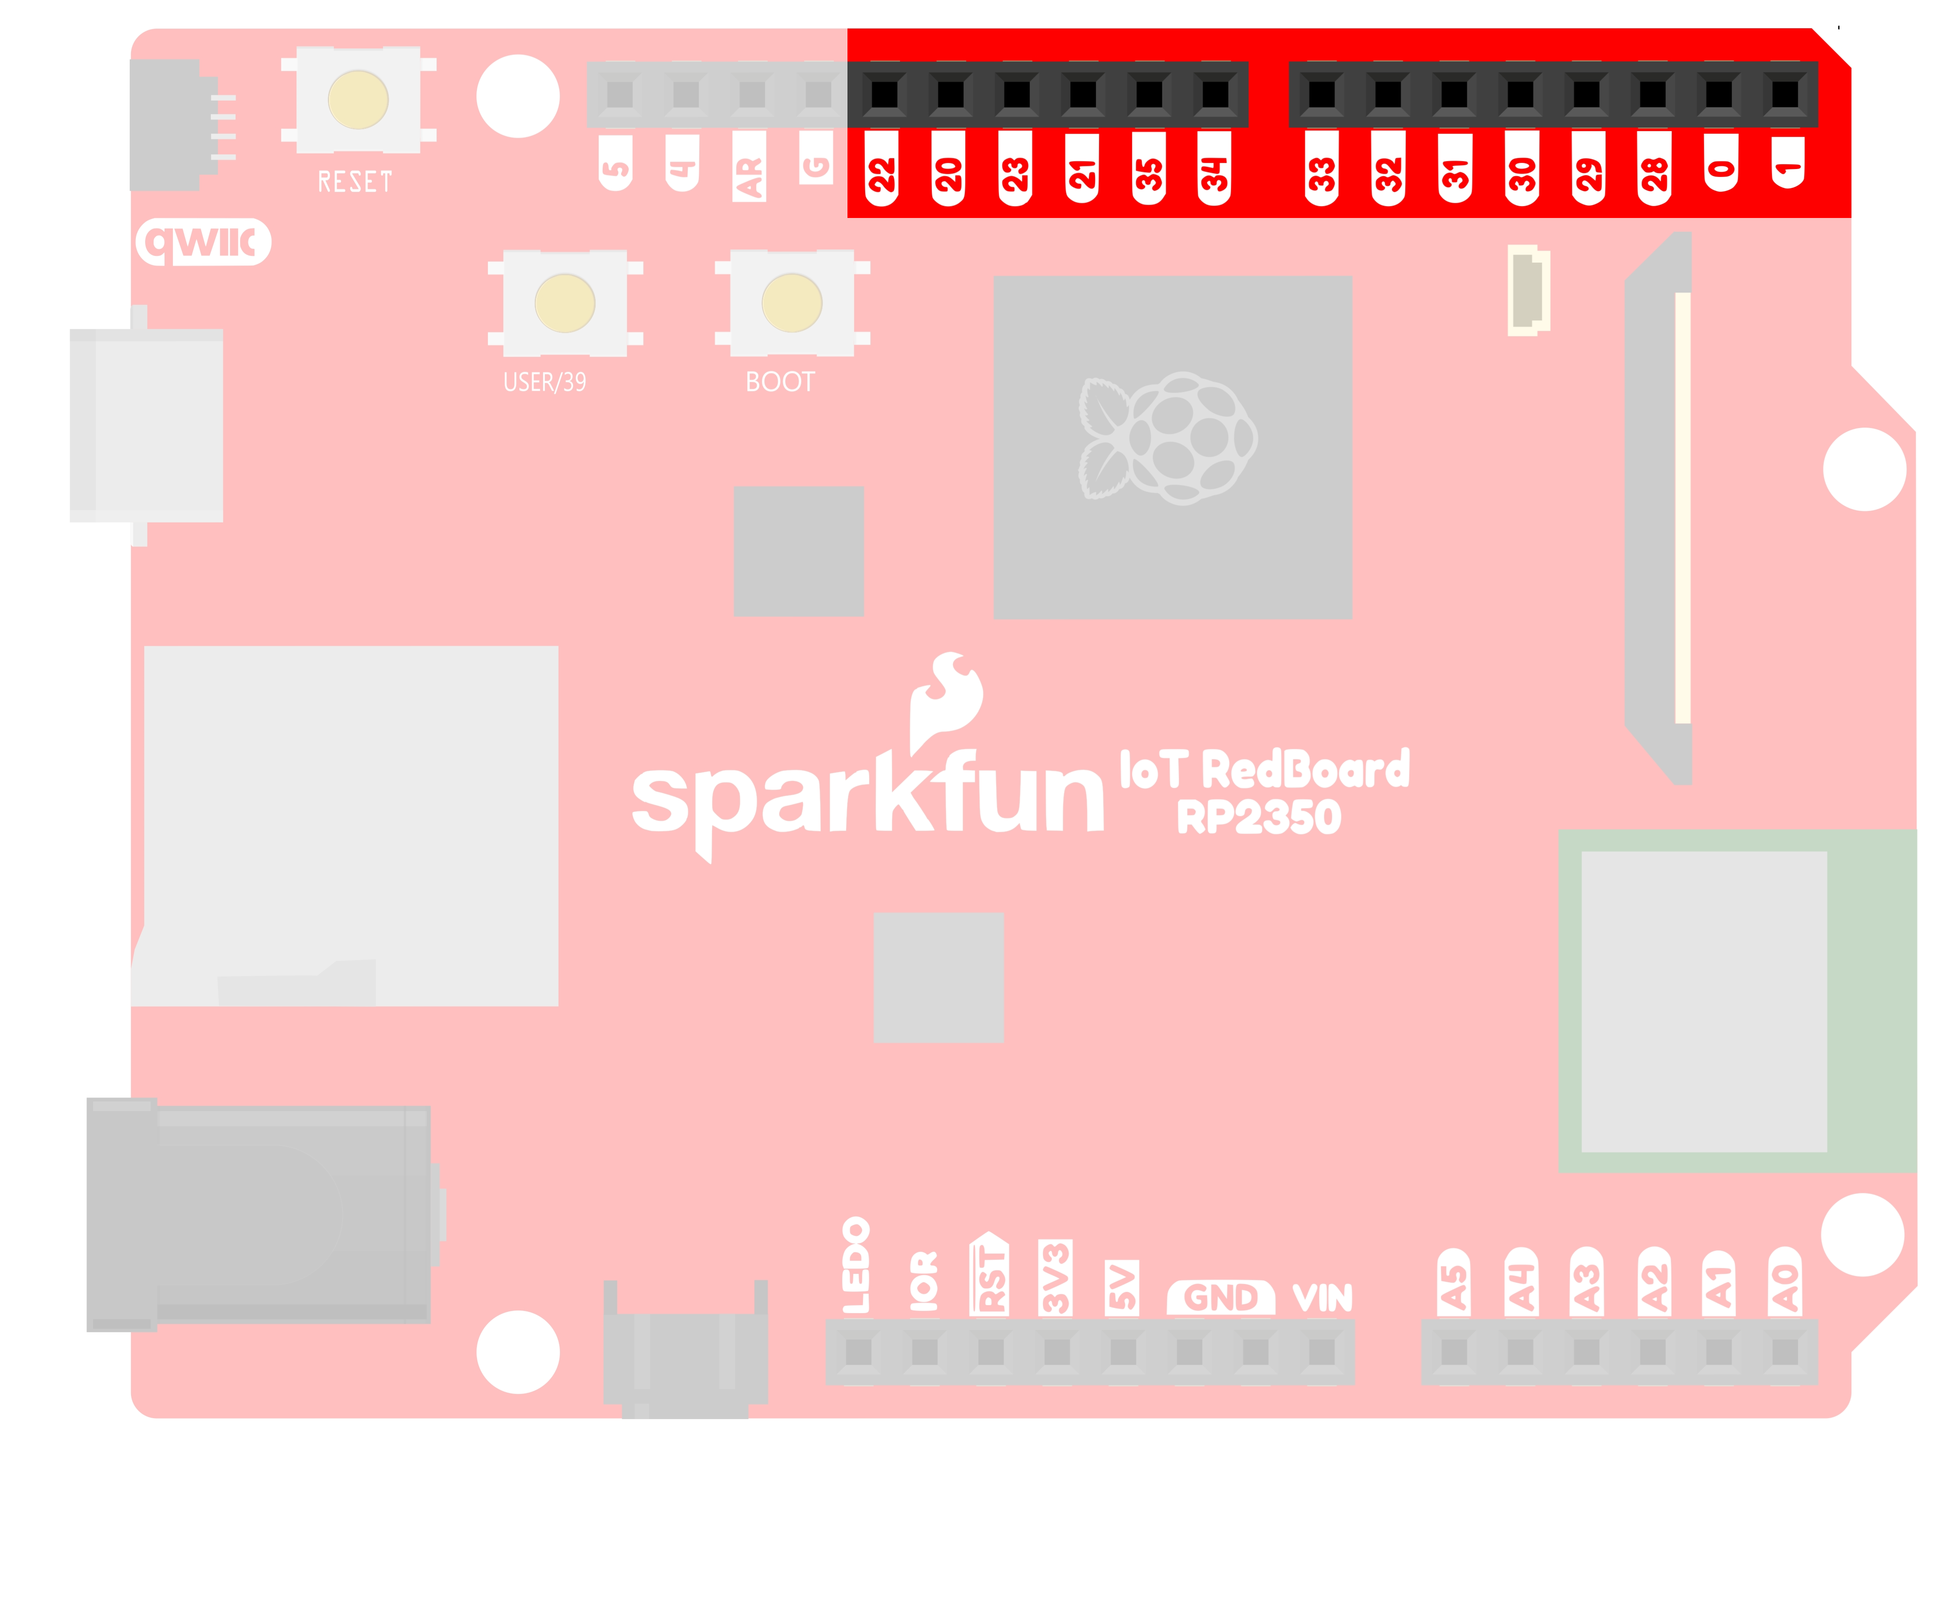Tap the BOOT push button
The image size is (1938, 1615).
pyautogui.click(x=792, y=303)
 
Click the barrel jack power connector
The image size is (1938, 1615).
pyautogui.click(x=259, y=1213)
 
